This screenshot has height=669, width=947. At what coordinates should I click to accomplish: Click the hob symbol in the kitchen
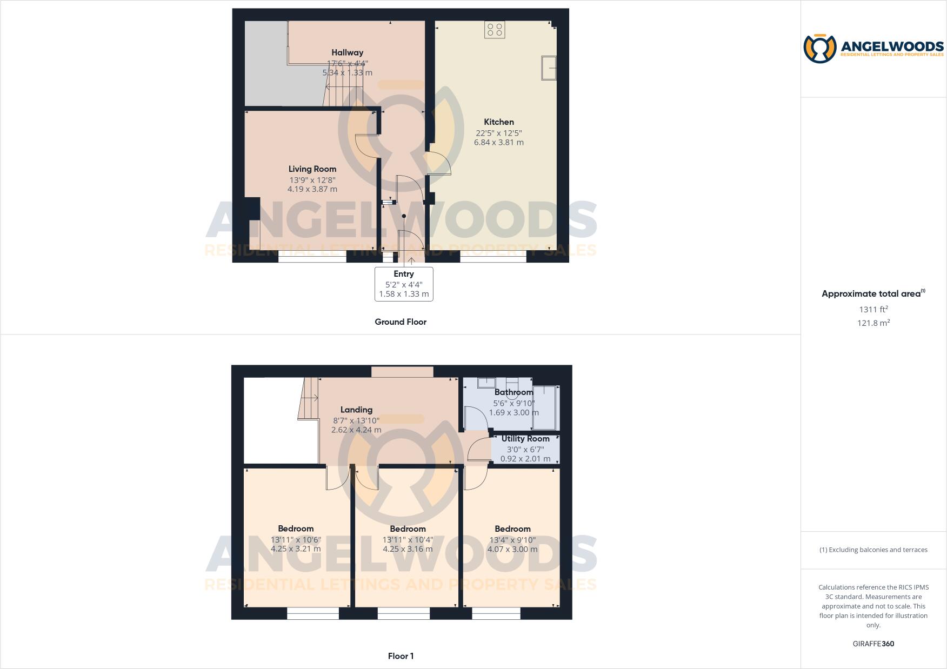pyautogui.click(x=495, y=29)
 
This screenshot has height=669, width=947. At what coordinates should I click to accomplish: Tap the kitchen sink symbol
pyautogui.click(x=549, y=68)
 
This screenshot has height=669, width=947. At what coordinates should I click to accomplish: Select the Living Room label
pyautogui.click(x=312, y=169)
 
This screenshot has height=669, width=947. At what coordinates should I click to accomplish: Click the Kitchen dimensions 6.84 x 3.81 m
pyautogui.click(x=498, y=143)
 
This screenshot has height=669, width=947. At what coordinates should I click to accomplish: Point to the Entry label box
pyautogui.click(x=404, y=284)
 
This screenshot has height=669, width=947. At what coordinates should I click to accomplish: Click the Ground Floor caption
pyautogui.click(x=401, y=322)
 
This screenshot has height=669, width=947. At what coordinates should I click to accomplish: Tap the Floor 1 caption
pyautogui.click(x=401, y=657)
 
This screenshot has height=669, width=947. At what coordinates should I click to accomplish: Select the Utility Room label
pyautogui.click(x=525, y=439)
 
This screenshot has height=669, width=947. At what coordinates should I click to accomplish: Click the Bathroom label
pyautogui.click(x=513, y=392)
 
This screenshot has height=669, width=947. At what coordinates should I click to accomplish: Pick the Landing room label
pyautogui.click(x=356, y=410)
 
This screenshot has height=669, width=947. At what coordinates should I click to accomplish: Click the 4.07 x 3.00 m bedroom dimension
pyautogui.click(x=512, y=549)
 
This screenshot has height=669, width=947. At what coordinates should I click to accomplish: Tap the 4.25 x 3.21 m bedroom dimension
pyautogui.click(x=296, y=548)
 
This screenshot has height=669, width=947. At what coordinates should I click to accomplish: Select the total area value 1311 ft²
pyautogui.click(x=873, y=310)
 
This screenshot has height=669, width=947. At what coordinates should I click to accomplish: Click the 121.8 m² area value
pyautogui.click(x=873, y=323)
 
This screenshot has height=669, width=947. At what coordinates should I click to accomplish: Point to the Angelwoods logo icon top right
pyautogui.click(x=820, y=49)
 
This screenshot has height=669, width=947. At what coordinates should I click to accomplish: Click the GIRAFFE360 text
pyautogui.click(x=873, y=644)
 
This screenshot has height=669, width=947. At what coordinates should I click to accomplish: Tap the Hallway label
pyautogui.click(x=347, y=52)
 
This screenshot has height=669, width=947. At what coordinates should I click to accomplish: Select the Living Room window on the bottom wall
pyautogui.click(x=312, y=259)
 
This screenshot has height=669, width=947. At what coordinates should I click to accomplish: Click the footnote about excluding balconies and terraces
pyautogui.click(x=873, y=550)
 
